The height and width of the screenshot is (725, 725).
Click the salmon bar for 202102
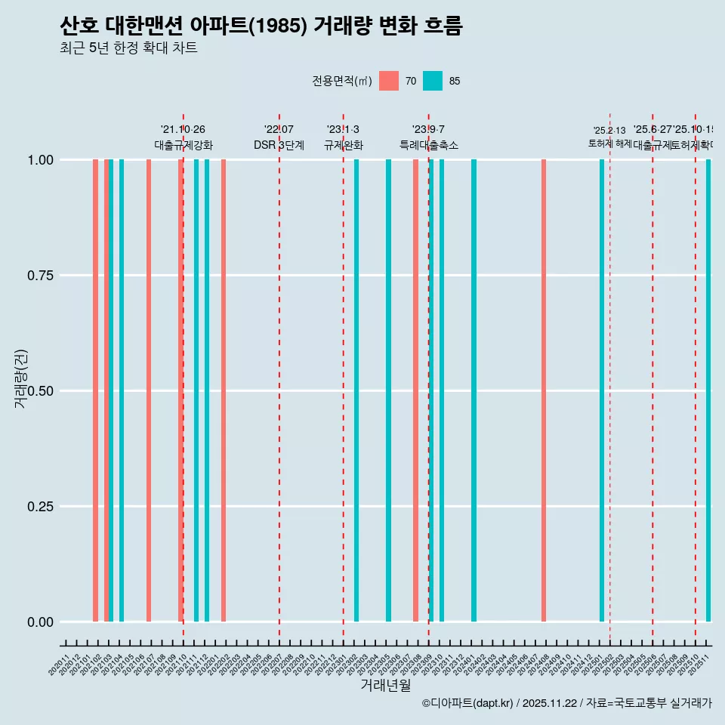(95, 390)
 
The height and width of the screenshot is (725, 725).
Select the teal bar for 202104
(122, 390)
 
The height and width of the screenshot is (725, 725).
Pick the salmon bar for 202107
(149, 390)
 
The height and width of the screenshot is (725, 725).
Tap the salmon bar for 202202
(224, 390)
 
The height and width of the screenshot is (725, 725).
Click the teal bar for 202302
(356, 390)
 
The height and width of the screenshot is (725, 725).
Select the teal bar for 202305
(388, 390)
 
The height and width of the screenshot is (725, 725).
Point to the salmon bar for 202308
(415, 390)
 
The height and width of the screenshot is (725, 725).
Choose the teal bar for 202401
(474, 390)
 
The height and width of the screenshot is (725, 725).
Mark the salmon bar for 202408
(544, 390)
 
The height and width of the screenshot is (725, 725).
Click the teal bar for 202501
(602, 390)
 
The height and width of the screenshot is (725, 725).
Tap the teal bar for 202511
(708, 390)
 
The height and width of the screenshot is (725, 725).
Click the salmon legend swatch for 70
(389, 81)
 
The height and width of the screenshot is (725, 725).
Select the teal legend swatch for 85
(433, 81)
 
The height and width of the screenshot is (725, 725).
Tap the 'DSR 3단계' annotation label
(279, 145)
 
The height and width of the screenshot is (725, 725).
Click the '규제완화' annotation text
(344, 145)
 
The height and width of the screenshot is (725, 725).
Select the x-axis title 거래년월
(386, 685)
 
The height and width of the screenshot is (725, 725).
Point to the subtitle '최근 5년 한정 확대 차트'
(128, 48)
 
